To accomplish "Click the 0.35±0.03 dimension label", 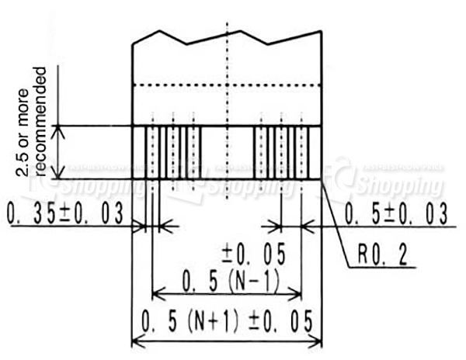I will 65,214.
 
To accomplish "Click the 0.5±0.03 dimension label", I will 396,214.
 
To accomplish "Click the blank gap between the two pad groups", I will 228,153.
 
